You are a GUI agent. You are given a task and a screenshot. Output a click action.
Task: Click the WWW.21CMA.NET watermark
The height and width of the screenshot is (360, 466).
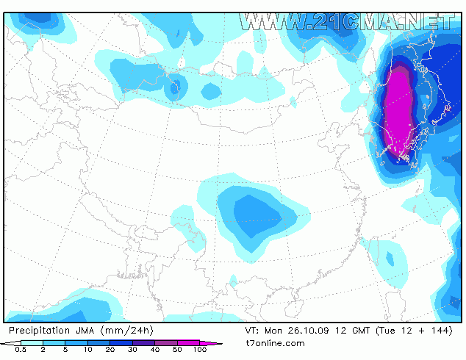point(345,21)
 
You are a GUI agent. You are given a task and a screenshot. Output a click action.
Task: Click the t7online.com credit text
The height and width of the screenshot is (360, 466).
point(276,343)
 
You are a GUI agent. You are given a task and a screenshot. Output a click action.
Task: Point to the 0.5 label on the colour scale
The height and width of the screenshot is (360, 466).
point(21,350)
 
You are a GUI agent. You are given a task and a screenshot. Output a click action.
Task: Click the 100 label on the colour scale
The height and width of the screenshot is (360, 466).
point(199,350)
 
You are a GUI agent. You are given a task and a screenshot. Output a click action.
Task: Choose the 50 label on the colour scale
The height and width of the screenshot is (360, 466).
point(177,350)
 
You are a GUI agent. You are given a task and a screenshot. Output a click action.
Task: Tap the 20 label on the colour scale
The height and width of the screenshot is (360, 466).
point(110,350)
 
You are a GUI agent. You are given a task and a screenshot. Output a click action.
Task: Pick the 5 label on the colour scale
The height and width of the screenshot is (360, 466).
point(65,350)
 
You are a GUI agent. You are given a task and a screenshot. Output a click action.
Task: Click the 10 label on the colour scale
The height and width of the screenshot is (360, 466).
point(87,350)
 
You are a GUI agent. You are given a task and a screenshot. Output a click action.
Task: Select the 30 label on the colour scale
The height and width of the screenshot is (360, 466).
point(132,350)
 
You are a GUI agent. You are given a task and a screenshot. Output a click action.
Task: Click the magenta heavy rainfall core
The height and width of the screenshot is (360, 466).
point(400,110)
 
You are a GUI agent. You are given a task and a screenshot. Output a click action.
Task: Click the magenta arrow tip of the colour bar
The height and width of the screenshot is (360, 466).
point(218,343)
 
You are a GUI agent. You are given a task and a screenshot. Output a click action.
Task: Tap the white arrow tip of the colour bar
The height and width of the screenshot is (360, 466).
point(6,343)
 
